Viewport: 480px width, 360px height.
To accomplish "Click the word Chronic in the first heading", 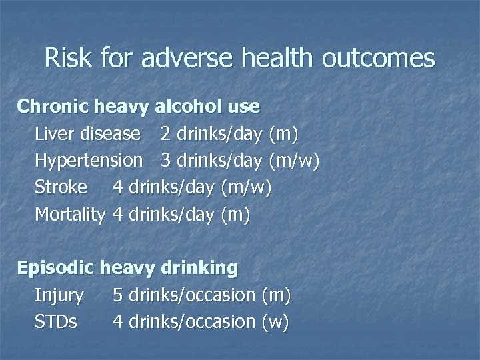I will (54, 107).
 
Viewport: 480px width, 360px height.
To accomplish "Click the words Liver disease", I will (88, 134).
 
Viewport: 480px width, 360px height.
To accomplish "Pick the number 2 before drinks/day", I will (165, 134).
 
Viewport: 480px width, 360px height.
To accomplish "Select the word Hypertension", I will (89, 161).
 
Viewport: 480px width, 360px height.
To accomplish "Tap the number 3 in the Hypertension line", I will (165, 161).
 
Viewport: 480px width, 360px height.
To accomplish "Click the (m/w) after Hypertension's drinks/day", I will (295, 161).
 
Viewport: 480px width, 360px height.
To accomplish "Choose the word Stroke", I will (61, 187).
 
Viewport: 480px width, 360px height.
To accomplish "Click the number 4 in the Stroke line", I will (118, 187).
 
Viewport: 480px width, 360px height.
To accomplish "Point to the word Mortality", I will (70, 215).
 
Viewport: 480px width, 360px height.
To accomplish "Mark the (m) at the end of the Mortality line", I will (237, 215).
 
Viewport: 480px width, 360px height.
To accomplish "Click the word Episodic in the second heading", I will (57, 269).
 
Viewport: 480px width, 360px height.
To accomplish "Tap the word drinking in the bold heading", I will (199, 269).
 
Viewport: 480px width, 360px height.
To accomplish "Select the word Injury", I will (59, 295).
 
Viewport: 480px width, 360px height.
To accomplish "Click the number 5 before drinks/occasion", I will (118, 295).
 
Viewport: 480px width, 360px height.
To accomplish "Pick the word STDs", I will (56, 322).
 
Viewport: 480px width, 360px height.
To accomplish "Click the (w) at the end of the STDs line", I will (275, 322).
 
